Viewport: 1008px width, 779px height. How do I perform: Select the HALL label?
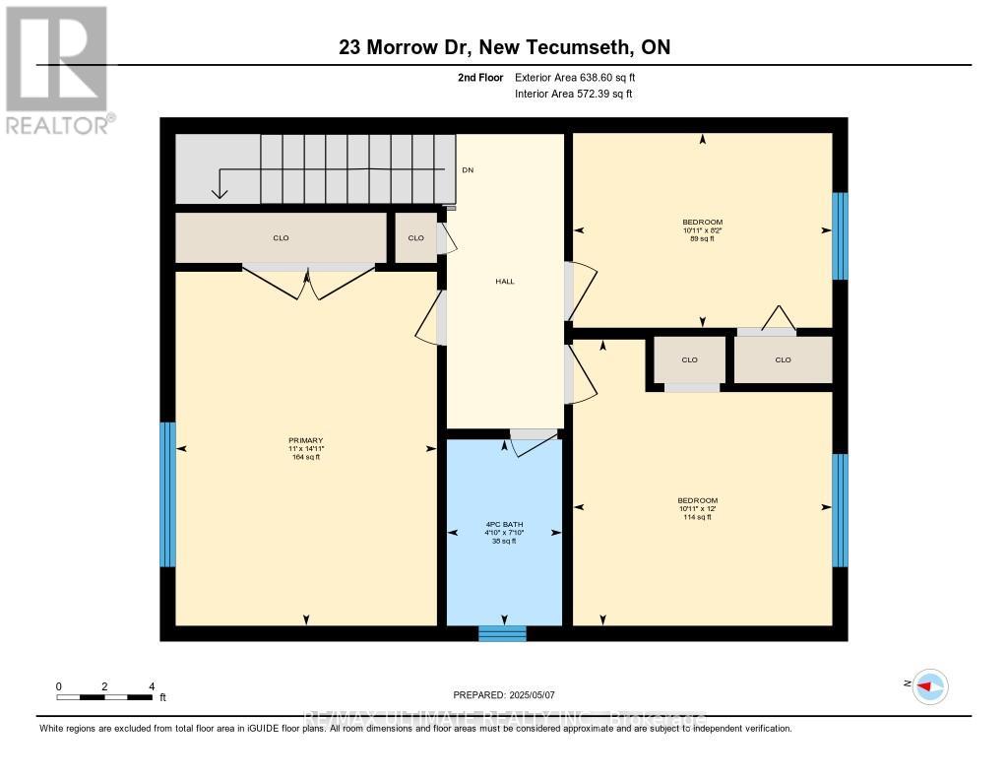click(505, 282)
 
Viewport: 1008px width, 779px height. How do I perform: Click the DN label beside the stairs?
click(468, 170)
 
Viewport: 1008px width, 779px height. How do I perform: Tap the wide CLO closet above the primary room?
click(281, 238)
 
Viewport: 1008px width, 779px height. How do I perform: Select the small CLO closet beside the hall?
click(415, 238)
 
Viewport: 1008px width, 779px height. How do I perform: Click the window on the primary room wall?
click(167, 494)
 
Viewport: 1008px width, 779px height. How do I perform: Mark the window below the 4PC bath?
click(502, 633)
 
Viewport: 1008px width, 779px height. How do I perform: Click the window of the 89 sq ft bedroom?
click(840, 236)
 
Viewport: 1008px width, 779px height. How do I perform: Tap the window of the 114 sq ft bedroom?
click(840, 510)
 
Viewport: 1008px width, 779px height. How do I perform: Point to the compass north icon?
click(929, 685)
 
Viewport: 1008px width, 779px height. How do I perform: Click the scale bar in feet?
click(104, 697)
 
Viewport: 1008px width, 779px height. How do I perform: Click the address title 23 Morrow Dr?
click(504, 47)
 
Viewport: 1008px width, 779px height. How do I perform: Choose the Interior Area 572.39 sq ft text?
click(573, 95)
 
